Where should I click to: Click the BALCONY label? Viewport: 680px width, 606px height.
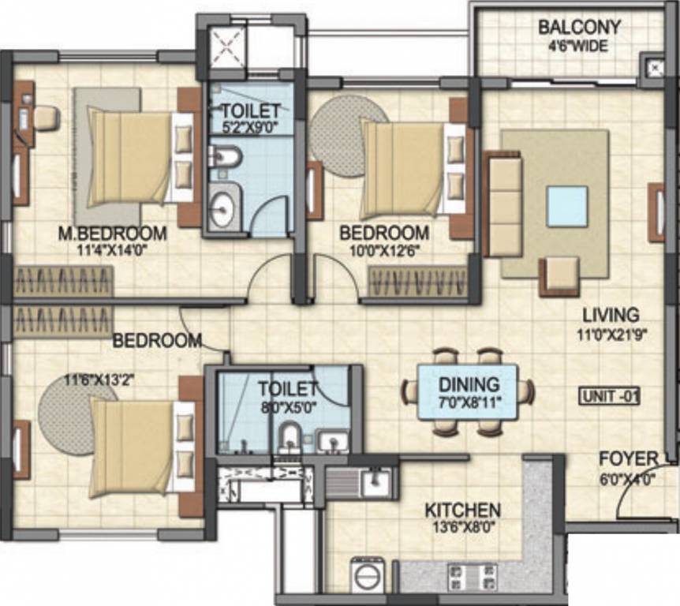click(x=579, y=28)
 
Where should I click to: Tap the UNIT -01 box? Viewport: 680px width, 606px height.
click(x=609, y=396)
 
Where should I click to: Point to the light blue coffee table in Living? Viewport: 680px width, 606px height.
click(x=567, y=207)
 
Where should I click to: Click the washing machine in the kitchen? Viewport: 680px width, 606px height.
click(x=368, y=574)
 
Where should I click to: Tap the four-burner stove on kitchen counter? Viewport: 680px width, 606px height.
click(x=473, y=577)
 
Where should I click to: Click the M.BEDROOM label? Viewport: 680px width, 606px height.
click(x=113, y=234)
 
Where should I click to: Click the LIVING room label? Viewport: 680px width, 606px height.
click(x=611, y=315)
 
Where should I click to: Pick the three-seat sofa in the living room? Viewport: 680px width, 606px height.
click(x=505, y=204)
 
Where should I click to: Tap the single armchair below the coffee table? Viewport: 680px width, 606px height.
click(x=559, y=277)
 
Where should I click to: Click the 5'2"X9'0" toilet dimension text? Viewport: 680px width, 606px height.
click(x=250, y=127)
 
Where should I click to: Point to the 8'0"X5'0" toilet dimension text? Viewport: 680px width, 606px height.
click(x=288, y=407)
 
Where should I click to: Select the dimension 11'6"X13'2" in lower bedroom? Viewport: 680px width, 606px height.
click(x=99, y=381)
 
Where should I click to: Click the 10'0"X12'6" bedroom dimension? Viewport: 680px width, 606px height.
click(x=384, y=251)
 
